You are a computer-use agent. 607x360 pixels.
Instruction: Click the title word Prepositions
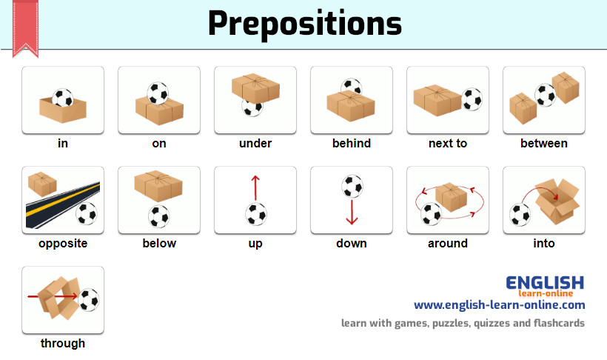(x=305, y=24)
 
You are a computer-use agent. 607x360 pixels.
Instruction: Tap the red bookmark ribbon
(x=26, y=27)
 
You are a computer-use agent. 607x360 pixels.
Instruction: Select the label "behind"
(x=352, y=144)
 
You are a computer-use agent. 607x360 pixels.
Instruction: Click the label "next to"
(x=448, y=144)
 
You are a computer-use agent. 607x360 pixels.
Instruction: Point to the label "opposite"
(x=63, y=244)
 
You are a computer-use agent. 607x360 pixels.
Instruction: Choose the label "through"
(x=63, y=344)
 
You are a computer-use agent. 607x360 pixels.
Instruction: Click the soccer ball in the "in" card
(x=62, y=98)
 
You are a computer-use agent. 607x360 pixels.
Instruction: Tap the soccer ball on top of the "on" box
(x=158, y=93)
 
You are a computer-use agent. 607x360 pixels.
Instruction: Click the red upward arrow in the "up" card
(x=255, y=188)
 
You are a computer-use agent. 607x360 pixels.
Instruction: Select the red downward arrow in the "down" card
(x=352, y=212)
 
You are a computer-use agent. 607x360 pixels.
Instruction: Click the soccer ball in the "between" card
(x=545, y=96)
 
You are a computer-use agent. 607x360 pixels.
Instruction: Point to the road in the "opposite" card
(x=63, y=204)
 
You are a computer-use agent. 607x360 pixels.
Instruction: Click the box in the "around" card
(x=451, y=197)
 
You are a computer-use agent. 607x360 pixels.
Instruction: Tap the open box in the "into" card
(x=557, y=201)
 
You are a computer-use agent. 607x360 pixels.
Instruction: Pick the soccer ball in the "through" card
(x=89, y=300)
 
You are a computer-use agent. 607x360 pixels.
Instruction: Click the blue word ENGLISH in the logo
(x=545, y=283)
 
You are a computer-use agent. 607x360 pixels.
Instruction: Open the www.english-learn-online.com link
(x=500, y=305)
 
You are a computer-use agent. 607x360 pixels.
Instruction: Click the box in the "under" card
(x=255, y=88)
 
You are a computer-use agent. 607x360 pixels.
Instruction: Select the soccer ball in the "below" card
(x=158, y=216)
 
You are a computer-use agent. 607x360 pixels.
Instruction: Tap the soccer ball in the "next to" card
(x=472, y=99)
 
